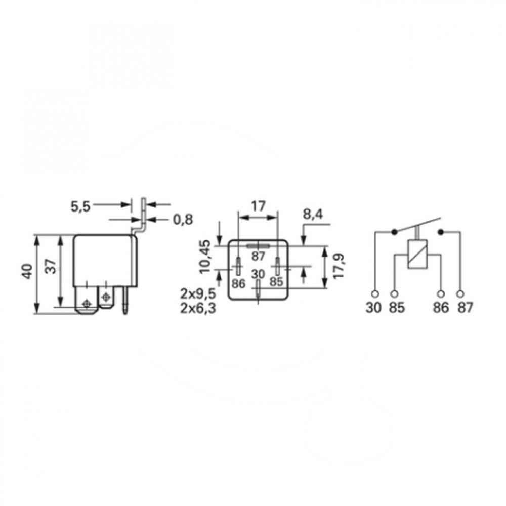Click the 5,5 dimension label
pos(80,206)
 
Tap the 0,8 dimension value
pos(183,220)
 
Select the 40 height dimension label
pos(27,272)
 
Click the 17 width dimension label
pos(258,206)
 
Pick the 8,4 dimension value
pos(313,214)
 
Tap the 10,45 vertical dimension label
pos(205,257)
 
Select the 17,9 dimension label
pos(339,267)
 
